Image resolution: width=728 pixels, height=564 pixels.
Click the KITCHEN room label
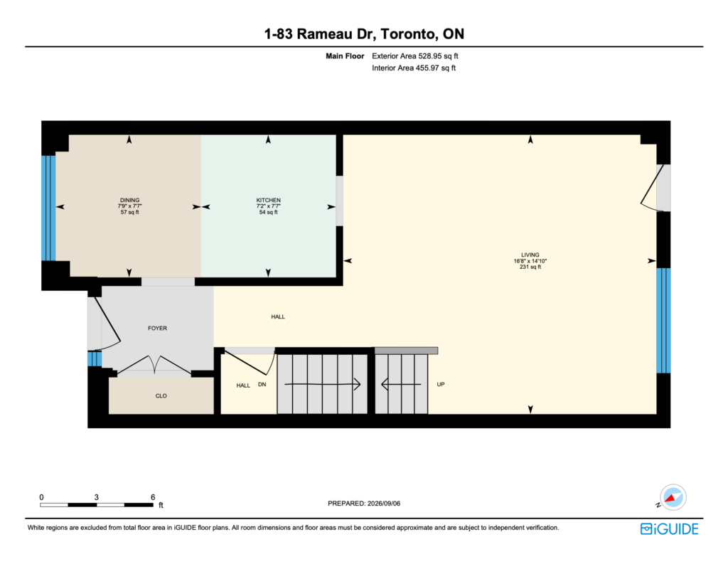pyautogui.click(x=268, y=201)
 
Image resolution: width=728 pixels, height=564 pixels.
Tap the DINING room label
pyautogui.click(x=129, y=201)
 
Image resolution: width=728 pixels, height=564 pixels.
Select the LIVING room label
pyautogui.click(x=530, y=255)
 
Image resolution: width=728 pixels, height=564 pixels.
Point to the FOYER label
pyautogui.click(x=157, y=328)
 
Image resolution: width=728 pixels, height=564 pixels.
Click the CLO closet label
pyautogui.click(x=161, y=396)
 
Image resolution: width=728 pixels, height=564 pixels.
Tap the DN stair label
pyautogui.click(x=262, y=384)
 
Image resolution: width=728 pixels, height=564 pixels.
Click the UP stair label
pyautogui.click(x=441, y=384)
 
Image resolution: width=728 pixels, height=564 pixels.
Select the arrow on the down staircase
pyautogui.click(x=323, y=384)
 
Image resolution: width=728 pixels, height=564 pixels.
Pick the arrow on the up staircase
pyautogui.click(x=401, y=384)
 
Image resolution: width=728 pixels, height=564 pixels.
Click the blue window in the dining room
pyautogui.click(x=49, y=208)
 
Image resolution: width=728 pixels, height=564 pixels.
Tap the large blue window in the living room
pyautogui.click(x=663, y=321)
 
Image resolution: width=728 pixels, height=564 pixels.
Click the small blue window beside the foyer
pyautogui.click(x=95, y=358)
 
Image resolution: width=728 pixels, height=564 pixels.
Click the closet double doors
pyautogui.click(x=154, y=365)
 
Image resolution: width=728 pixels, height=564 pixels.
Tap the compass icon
pyautogui.click(x=673, y=498)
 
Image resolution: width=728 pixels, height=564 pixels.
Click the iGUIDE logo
pyautogui.click(x=669, y=528)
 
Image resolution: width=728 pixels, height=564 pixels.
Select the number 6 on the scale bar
pyautogui.click(x=153, y=497)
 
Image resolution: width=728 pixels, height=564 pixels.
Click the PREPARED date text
pyautogui.click(x=364, y=503)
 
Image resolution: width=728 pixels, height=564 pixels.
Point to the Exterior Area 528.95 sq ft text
pyautogui.click(x=415, y=55)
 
